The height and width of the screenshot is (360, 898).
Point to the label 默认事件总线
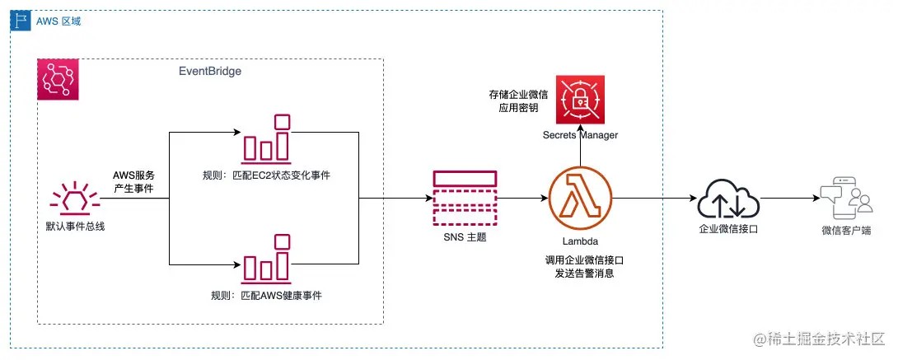[75, 226]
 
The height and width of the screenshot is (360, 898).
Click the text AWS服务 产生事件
[133, 182]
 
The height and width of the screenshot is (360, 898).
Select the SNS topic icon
[464, 198]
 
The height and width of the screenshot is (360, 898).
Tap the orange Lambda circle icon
[580, 198]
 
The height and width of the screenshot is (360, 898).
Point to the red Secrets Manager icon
[580, 99]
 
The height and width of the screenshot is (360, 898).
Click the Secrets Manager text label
[580, 134]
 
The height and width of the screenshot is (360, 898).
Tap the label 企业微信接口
[727, 230]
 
